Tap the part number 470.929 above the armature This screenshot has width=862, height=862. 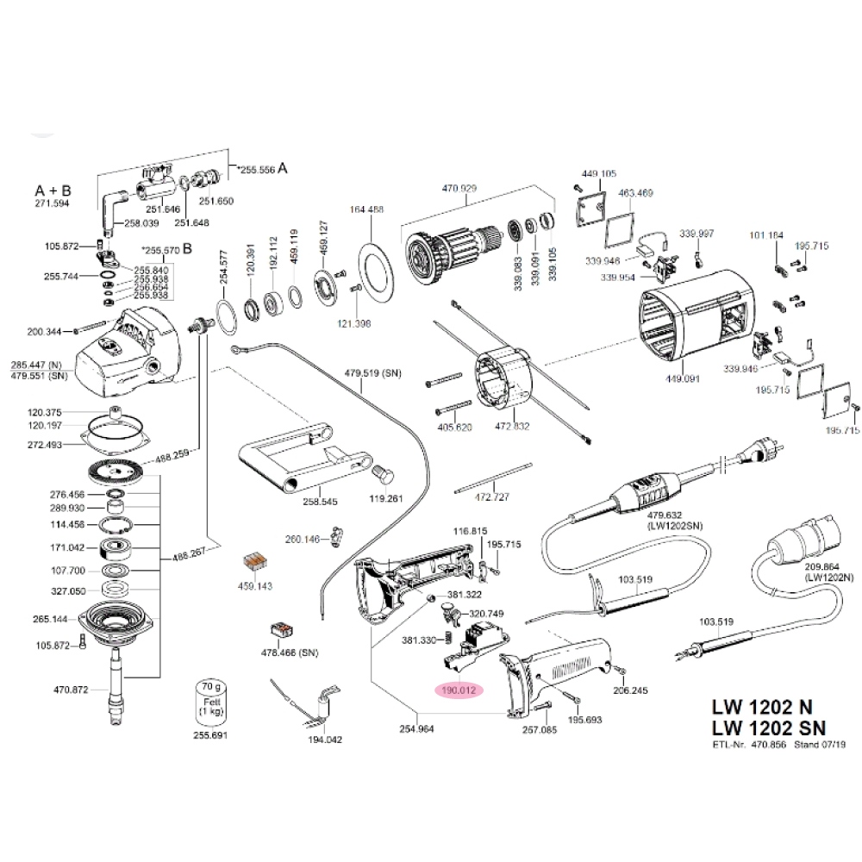coord(459,188)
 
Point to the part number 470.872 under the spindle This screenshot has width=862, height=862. coord(72,690)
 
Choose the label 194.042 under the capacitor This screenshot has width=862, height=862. coord(325,740)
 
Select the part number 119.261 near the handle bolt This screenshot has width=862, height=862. coord(385,498)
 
